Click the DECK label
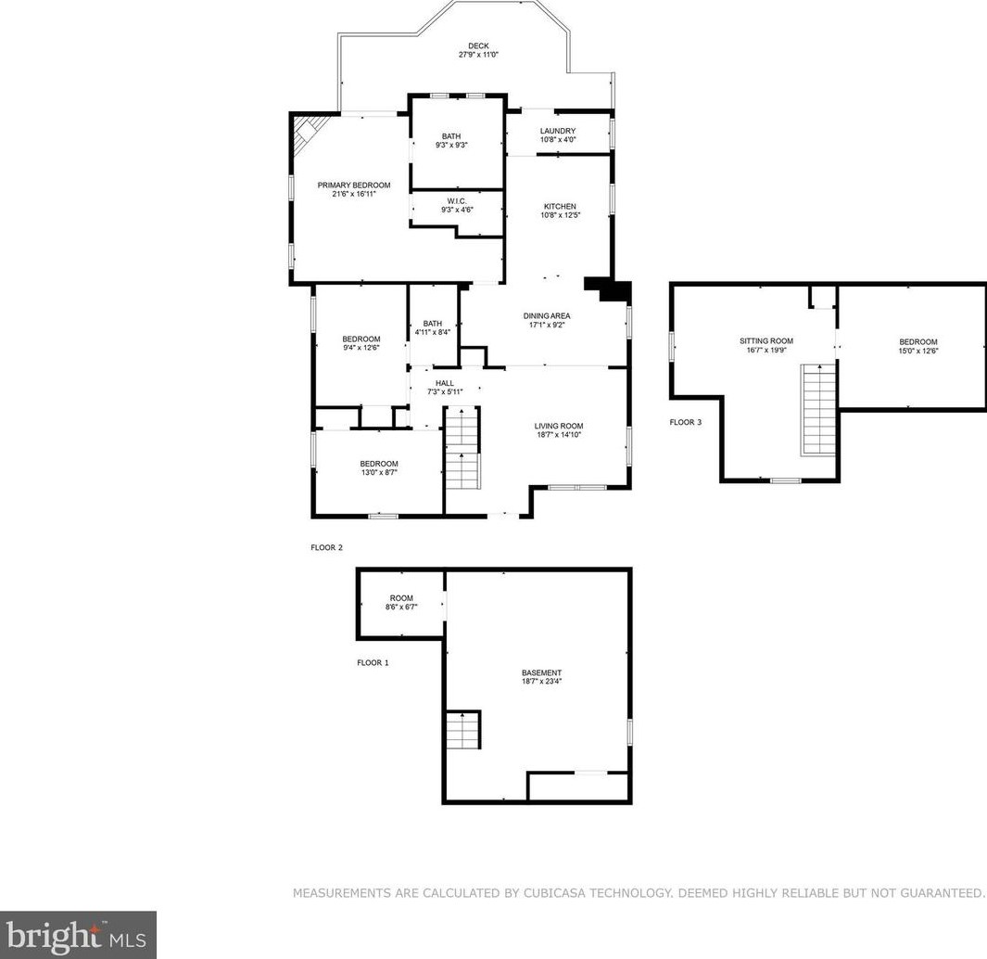(x=478, y=46)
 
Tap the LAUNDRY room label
(x=558, y=131)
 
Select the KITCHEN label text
(x=560, y=207)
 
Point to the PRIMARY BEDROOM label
(x=354, y=185)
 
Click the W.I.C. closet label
(x=457, y=201)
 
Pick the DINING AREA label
(x=547, y=316)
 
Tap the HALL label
(x=445, y=383)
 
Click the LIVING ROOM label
(x=559, y=426)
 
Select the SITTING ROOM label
(x=766, y=341)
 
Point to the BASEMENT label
(x=541, y=673)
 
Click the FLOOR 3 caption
(x=686, y=422)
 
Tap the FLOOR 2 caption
(x=327, y=547)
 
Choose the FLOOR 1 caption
(x=373, y=663)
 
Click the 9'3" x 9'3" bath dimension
(x=451, y=145)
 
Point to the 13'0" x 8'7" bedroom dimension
(x=379, y=473)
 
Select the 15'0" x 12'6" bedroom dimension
(x=918, y=351)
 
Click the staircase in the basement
(x=463, y=730)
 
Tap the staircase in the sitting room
(x=817, y=410)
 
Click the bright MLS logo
(x=78, y=935)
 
